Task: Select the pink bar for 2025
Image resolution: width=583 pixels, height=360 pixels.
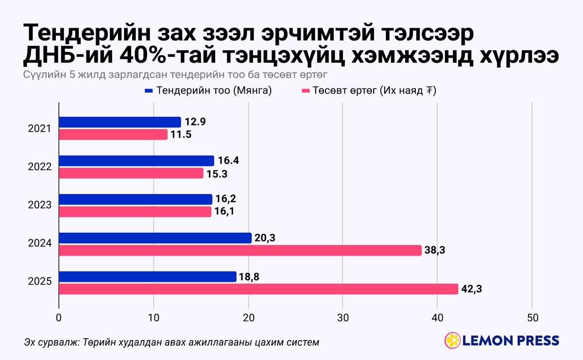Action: [x=258, y=289]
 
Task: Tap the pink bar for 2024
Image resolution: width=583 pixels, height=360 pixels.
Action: [x=240, y=250]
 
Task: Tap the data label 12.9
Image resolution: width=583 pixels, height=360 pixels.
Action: [x=195, y=122]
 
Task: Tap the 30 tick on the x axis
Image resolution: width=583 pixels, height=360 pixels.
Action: [x=343, y=318]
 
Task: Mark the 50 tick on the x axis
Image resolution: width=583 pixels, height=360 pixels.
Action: [x=532, y=318]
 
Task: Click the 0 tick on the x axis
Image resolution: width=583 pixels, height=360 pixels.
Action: [x=59, y=318]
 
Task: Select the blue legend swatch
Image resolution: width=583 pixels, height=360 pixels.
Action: [x=149, y=91]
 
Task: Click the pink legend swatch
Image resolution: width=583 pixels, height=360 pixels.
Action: [x=306, y=91]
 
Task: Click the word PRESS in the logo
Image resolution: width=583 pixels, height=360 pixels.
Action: [x=535, y=340]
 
